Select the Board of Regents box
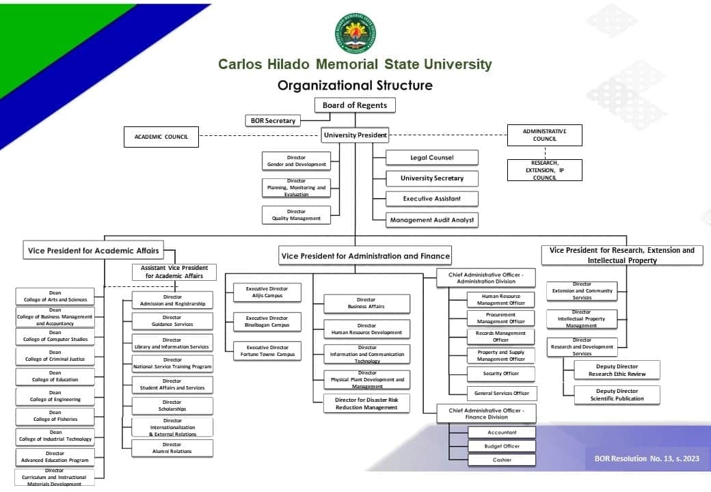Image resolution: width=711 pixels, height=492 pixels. point(355,105)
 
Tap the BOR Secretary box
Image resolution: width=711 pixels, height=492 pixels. point(273,121)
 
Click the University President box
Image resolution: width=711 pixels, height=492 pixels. point(355,135)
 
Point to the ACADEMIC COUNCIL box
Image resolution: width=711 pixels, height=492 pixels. point(161,137)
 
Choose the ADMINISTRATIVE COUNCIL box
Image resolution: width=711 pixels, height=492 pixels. point(544,135)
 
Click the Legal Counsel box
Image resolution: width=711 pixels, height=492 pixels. point(431,158)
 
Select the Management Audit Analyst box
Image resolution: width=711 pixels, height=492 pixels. point(431,220)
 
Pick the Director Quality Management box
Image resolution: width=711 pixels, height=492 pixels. point(296,215)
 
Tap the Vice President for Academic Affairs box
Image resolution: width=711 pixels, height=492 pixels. point(94,251)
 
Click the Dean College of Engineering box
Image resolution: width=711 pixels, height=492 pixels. point(55,396)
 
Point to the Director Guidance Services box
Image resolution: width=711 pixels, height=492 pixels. point(172,321)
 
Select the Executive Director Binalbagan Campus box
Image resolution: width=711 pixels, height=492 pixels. point(267,321)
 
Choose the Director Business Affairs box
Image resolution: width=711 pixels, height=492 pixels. point(366,303)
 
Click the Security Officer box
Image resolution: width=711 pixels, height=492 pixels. point(501,374)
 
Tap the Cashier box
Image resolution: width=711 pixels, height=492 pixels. point(502,460)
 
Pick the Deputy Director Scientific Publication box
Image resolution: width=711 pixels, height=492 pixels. point(617,395)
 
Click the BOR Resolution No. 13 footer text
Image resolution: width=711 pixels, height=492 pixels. point(647,459)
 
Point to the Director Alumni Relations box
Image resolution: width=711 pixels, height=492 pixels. point(172,448)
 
